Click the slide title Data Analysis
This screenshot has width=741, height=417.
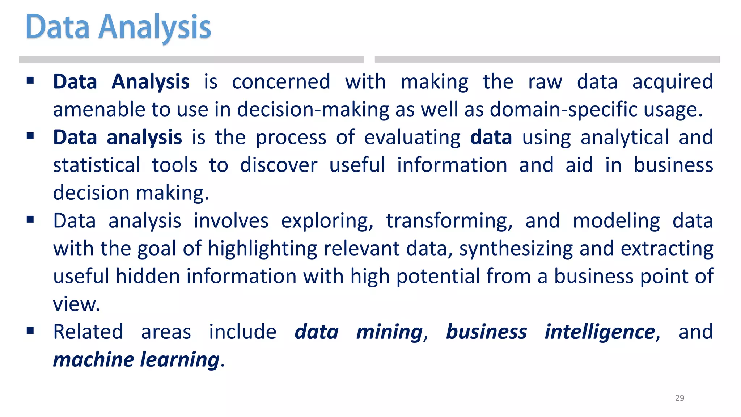[x=118, y=27]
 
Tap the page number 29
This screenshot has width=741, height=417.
[x=679, y=398]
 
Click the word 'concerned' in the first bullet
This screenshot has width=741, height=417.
[x=281, y=82]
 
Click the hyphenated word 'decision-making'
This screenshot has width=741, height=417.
[x=313, y=110]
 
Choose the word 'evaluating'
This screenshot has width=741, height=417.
[x=412, y=138]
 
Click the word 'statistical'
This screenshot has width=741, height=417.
[x=97, y=165]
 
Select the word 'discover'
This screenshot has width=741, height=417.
[x=279, y=165]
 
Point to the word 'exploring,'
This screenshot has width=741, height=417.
[x=327, y=221]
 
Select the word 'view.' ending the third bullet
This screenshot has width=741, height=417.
[x=76, y=304]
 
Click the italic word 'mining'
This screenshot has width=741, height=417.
[x=389, y=332]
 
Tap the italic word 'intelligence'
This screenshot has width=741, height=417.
[x=600, y=332]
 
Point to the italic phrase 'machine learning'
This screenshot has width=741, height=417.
[x=136, y=360]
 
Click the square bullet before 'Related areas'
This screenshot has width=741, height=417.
[x=30, y=330]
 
